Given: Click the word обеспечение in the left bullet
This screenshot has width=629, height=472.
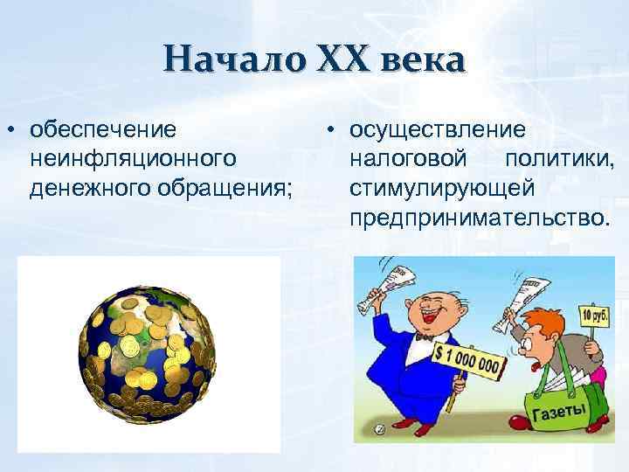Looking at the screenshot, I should coord(101,130).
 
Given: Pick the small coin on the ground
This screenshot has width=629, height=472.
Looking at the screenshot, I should coord(380,429).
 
